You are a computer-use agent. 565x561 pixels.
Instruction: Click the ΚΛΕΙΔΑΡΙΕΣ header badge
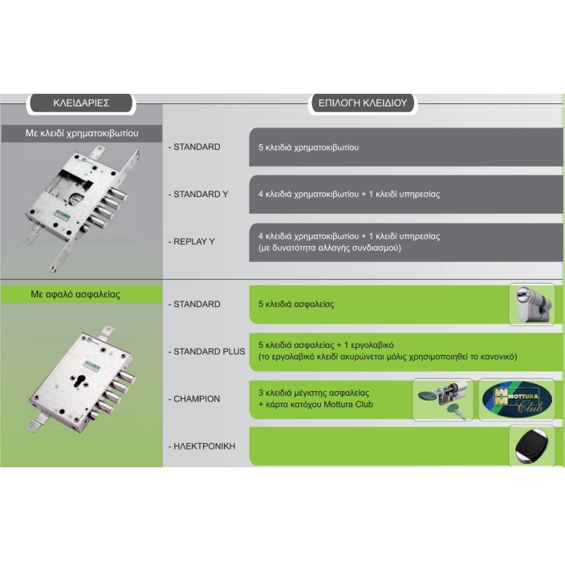click(81, 103)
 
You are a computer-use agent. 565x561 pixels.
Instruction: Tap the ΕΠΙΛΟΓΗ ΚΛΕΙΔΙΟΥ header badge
click(363, 103)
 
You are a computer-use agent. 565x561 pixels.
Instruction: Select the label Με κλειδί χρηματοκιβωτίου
click(82, 133)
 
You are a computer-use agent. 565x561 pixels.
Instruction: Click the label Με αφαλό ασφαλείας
click(75, 294)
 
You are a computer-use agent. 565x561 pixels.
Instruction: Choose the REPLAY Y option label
click(191, 241)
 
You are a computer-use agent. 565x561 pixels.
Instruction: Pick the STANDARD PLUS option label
click(206, 351)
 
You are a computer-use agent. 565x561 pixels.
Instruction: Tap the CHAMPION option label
click(194, 398)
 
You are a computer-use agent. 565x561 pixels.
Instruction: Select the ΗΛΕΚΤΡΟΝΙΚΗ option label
click(201, 446)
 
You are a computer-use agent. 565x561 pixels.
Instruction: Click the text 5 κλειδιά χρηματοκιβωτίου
click(308, 147)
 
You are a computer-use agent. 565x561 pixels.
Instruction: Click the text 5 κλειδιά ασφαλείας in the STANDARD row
click(296, 304)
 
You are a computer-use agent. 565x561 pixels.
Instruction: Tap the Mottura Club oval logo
click(517, 399)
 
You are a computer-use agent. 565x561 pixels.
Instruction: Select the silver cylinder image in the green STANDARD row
click(532, 305)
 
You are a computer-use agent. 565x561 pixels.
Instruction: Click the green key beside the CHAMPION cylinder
click(456, 411)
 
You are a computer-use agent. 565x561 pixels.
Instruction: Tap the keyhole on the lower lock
click(79, 382)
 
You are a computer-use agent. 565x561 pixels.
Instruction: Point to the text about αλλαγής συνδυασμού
click(330, 248)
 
